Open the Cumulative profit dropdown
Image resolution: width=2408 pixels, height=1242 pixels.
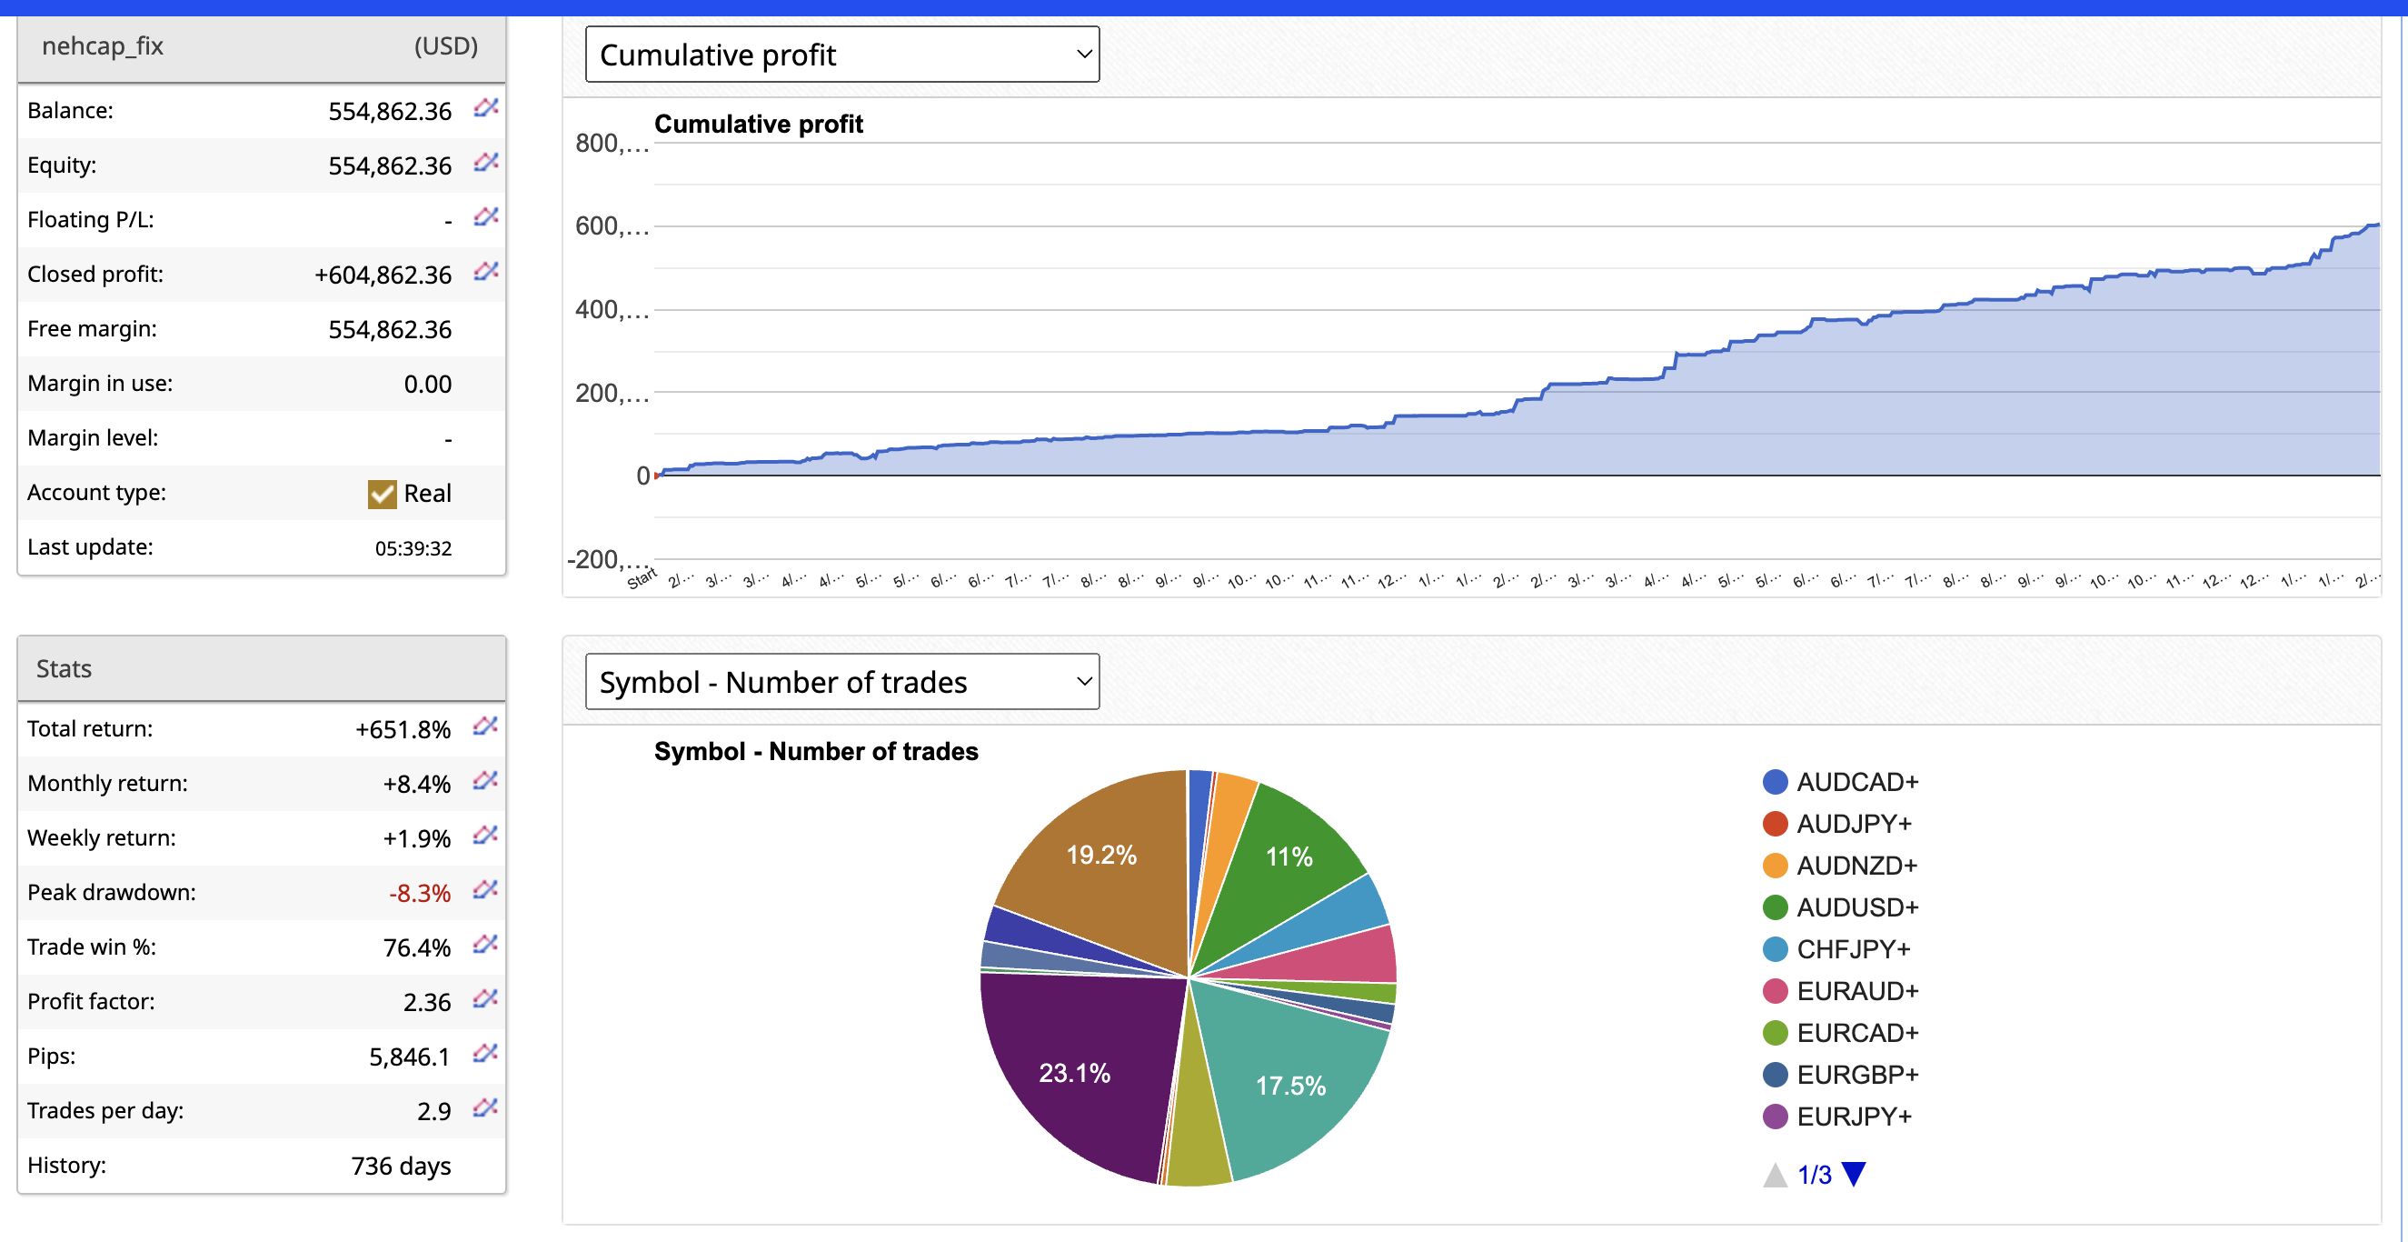pos(841,55)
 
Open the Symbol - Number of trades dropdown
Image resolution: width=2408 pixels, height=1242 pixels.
pos(841,682)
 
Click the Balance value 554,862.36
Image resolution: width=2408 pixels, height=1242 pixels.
pos(390,111)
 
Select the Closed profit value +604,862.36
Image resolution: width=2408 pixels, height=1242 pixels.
pos(383,275)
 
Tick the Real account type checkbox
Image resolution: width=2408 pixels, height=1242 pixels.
pos(383,494)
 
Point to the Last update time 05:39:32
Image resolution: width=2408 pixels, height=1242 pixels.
pos(413,548)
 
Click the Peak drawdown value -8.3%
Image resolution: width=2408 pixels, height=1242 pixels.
pos(420,893)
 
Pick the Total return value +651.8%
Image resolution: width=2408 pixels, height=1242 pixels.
pos(403,729)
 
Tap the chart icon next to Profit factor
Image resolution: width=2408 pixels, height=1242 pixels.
pos(485,1000)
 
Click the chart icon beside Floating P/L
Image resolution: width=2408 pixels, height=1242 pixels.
pos(485,218)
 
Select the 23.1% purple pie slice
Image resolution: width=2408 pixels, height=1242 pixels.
pos(1075,1072)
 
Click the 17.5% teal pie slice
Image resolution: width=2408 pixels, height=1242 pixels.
pos(1290,1085)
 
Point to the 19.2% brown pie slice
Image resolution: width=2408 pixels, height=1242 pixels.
pos(1101,854)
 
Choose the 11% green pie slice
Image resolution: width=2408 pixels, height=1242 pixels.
pos(1289,856)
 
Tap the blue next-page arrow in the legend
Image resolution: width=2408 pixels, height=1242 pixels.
pos(1854,1173)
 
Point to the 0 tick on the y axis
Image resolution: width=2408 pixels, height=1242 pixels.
pos(643,476)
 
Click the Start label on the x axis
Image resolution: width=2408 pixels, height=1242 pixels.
pos(642,579)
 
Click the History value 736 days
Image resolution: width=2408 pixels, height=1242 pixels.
pos(401,1167)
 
